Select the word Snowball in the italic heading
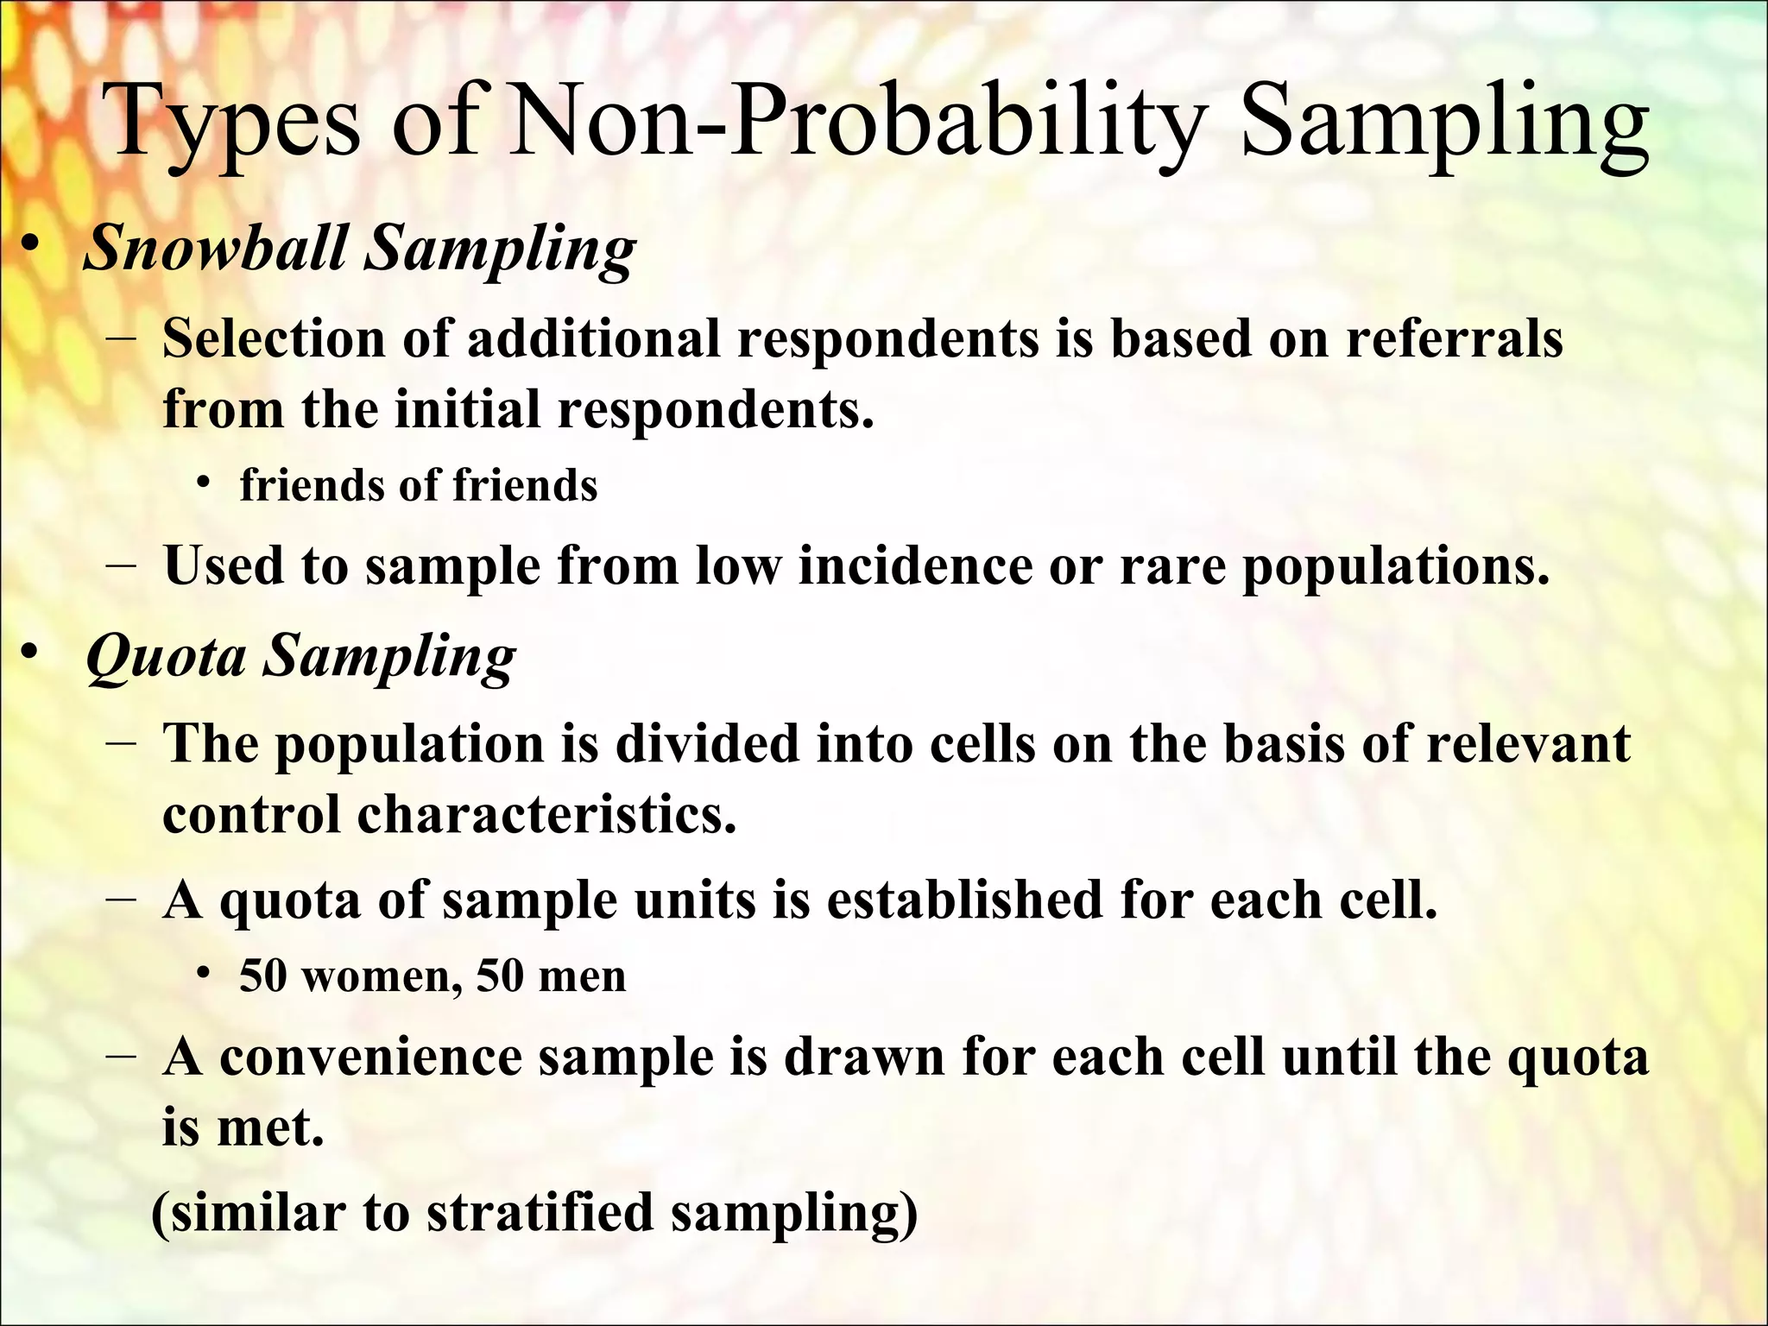point(216,248)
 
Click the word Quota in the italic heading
point(167,658)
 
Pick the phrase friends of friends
point(419,485)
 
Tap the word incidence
point(915,567)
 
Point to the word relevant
point(1528,743)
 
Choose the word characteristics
point(546,814)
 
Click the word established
point(965,900)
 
